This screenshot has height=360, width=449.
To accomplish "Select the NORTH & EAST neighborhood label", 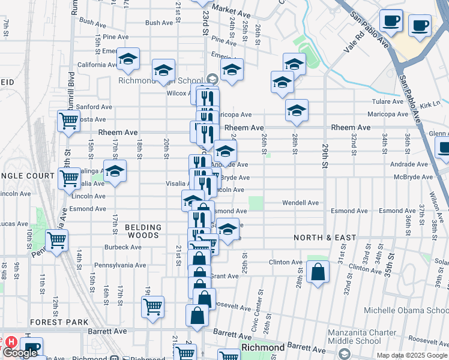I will pyautogui.click(x=325, y=238).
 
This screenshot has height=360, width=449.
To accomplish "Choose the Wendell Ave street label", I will pyautogui.click(x=301, y=203).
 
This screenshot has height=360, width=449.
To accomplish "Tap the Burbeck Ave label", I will pyautogui.click(x=122, y=247).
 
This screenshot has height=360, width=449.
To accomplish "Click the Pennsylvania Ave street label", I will pyautogui.click(x=124, y=265).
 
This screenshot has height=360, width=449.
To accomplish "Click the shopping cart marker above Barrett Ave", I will pyautogui.click(x=152, y=307).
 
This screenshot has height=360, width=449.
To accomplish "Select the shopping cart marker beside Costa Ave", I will pyautogui.click(x=68, y=121).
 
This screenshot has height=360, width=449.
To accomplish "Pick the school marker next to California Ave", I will pyautogui.click(x=128, y=58).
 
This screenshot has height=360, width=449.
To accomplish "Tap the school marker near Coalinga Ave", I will pyautogui.click(x=115, y=171).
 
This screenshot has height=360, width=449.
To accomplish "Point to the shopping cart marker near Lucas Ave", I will pyautogui.click(x=56, y=241).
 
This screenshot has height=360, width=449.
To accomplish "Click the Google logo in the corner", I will pyautogui.click(x=20, y=353).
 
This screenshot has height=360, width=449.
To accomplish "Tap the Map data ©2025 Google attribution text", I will pyautogui.click(x=411, y=355).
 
